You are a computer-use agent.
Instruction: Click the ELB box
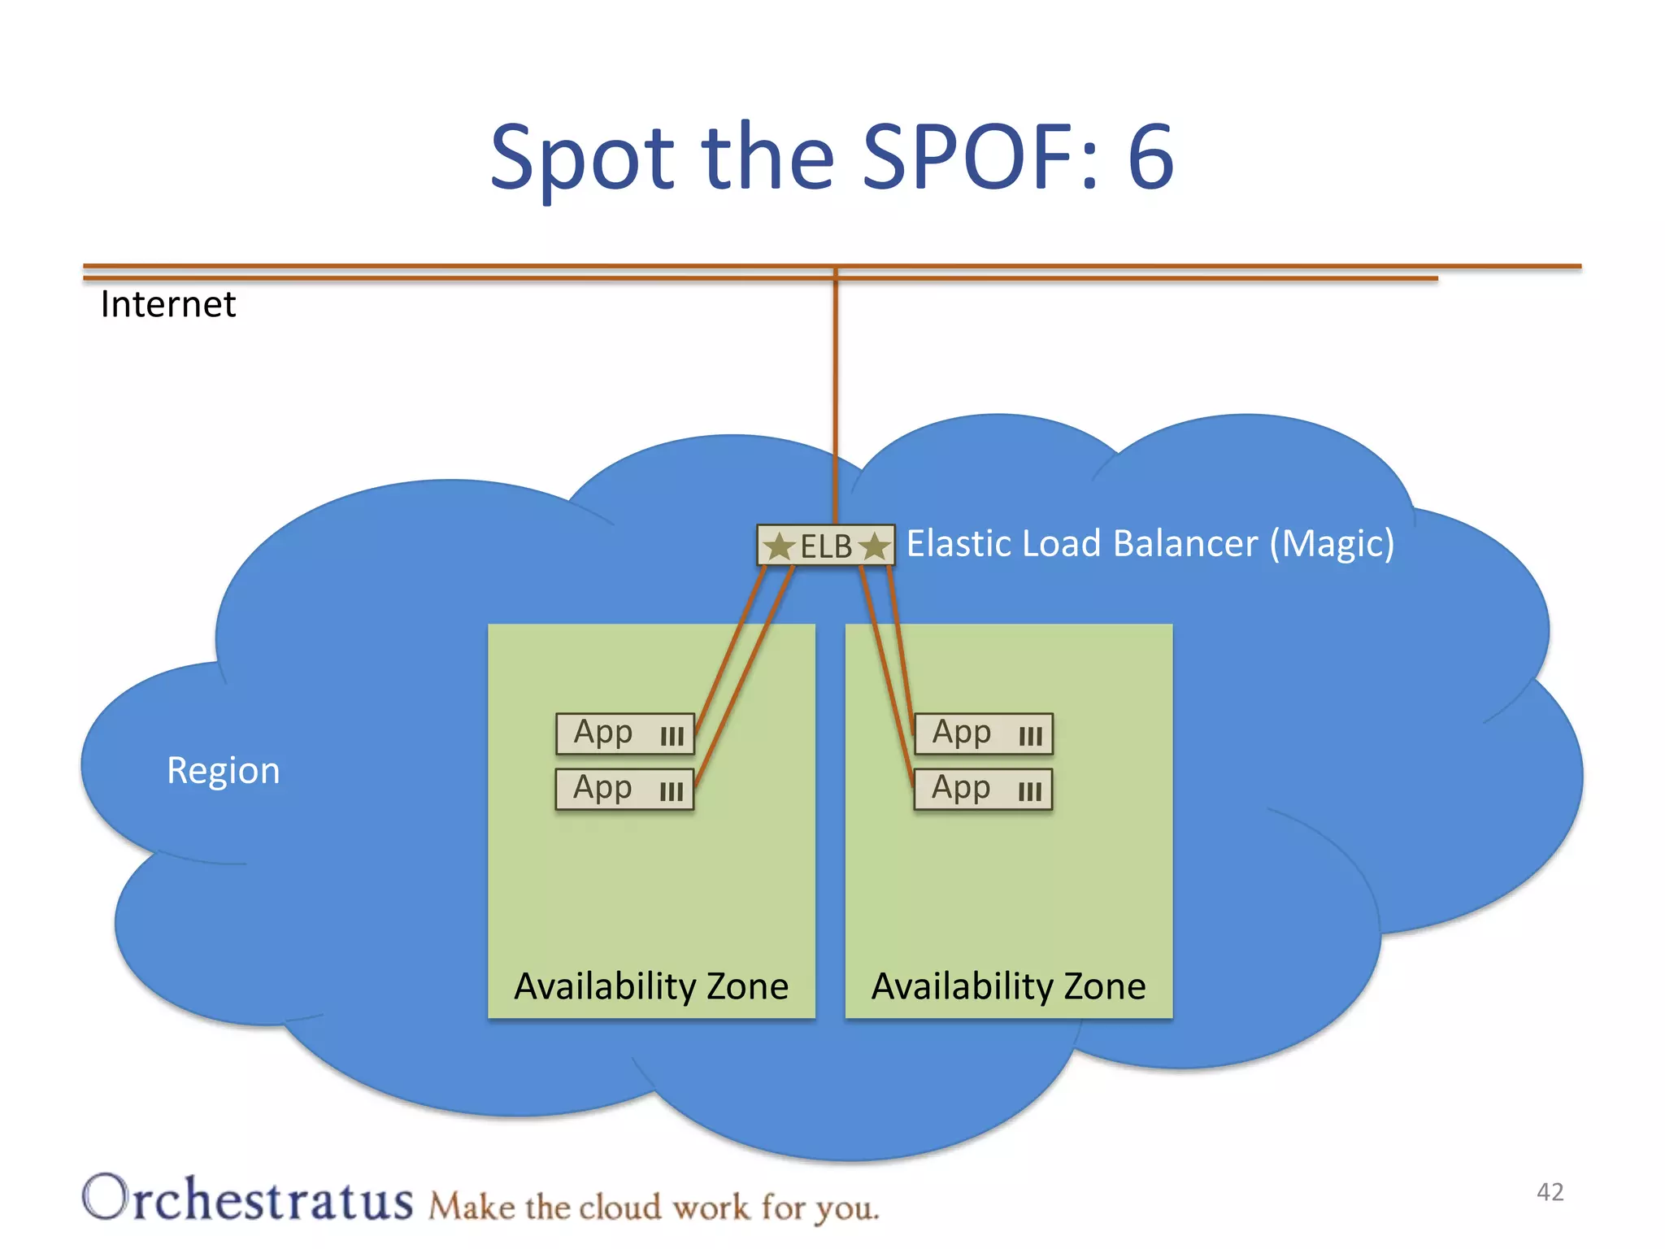coord(826,546)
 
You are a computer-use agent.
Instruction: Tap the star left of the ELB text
coord(780,546)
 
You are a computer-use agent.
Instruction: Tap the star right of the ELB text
coord(875,546)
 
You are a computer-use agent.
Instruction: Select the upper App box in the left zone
coord(625,733)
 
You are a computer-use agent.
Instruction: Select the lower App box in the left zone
coord(625,789)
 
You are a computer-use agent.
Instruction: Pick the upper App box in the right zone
coord(984,733)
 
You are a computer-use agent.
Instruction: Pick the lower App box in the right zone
coord(984,789)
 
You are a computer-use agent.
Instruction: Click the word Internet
coord(168,305)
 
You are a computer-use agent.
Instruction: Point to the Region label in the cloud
coord(223,770)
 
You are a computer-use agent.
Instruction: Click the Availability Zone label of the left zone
coord(651,986)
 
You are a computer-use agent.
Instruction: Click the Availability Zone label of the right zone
coord(1009,986)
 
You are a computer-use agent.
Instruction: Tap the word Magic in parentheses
coord(1332,543)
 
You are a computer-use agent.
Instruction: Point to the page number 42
coord(1550,1192)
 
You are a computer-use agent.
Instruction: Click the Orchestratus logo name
coord(248,1199)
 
